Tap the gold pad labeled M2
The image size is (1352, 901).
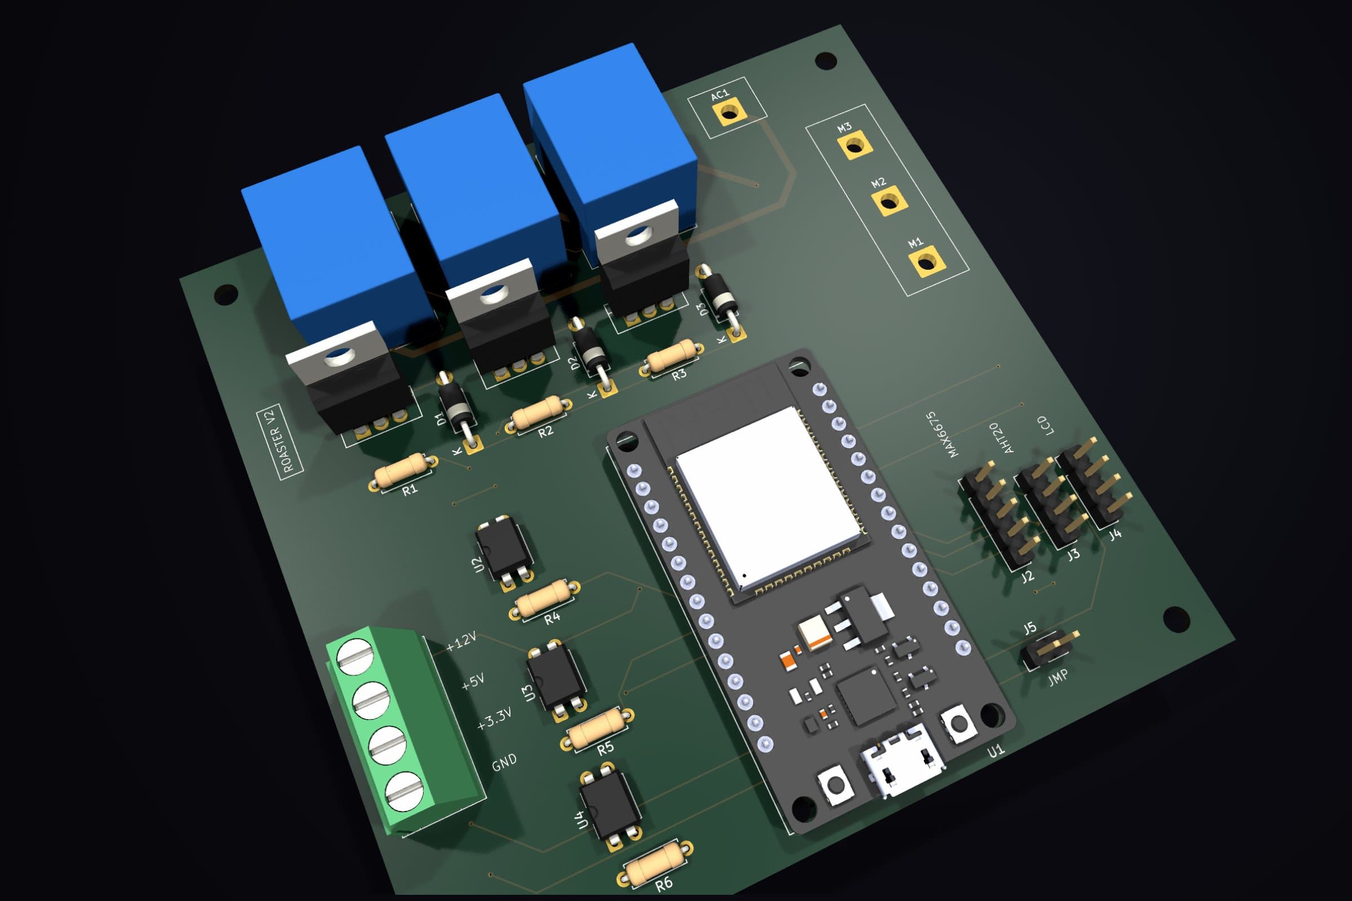[890, 202]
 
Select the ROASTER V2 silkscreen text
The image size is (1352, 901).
[279, 440]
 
